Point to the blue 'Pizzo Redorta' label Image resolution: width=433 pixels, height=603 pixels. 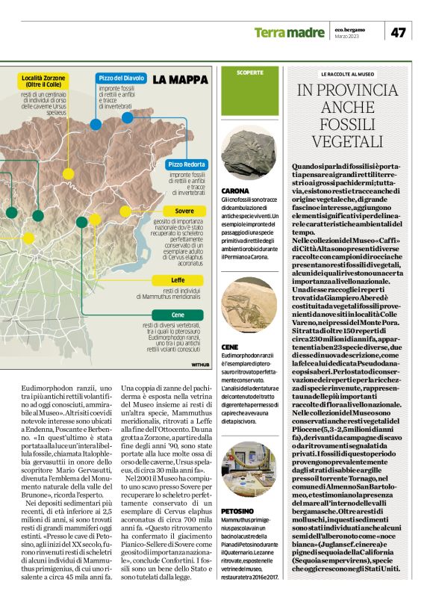point(187,164)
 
